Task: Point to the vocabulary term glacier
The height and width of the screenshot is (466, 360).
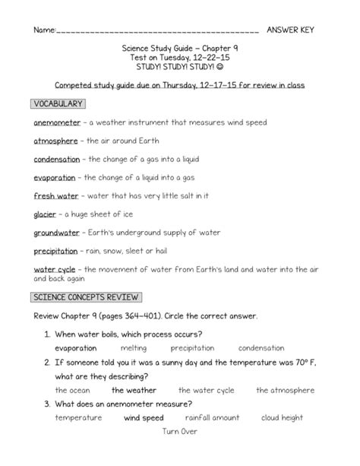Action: coord(45,214)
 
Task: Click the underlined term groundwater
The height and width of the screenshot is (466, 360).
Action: coord(58,233)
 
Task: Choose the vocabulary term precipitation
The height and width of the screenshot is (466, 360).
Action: coord(55,251)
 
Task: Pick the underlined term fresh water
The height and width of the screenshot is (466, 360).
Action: coord(51,195)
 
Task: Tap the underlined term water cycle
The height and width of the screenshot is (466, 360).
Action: coord(54,269)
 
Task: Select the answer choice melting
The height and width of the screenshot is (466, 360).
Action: coord(134,348)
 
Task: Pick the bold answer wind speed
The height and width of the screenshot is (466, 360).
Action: coord(144,417)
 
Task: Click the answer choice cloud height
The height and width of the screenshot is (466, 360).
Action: coord(282,417)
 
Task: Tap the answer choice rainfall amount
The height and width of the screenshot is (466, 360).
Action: coord(212,417)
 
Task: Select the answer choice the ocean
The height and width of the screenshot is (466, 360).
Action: coord(73,390)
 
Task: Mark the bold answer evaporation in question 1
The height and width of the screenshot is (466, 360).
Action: coord(76,348)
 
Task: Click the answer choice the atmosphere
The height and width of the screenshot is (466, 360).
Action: coord(285,390)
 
